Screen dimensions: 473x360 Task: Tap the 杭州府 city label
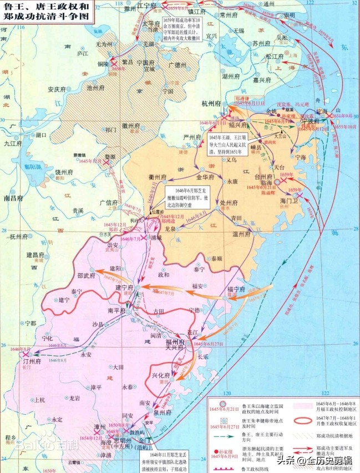pyautogui.click(x=211, y=103)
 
